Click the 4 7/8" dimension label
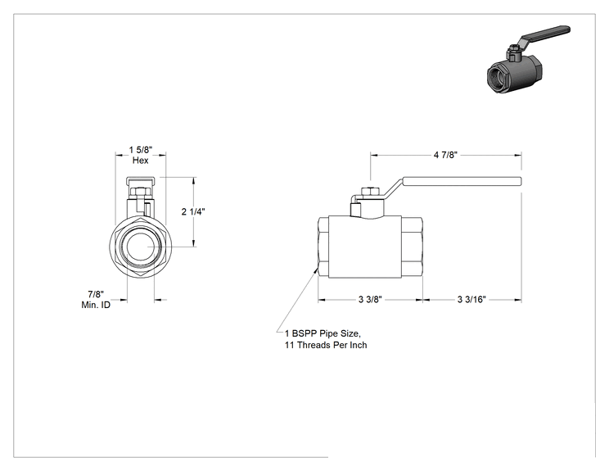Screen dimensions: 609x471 (x=445, y=155)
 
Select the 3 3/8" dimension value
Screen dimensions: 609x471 (x=370, y=299)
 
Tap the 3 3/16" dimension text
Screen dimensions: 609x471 (x=471, y=299)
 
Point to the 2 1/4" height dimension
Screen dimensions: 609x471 (x=193, y=212)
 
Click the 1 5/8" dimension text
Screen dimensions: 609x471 (x=141, y=150)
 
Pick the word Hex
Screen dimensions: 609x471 (x=140, y=160)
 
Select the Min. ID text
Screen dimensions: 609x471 (x=96, y=305)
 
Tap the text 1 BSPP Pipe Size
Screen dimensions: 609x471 (x=323, y=333)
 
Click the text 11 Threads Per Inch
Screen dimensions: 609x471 (x=326, y=345)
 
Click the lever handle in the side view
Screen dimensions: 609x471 (x=462, y=181)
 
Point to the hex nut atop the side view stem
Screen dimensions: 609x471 (x=369, y=191)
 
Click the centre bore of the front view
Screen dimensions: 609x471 (x=141, y=247)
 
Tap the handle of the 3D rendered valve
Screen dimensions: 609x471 (x=544, y=34)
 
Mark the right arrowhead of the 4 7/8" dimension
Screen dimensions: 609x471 (x=518, y=156)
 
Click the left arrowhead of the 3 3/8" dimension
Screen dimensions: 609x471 (x=322, y=300)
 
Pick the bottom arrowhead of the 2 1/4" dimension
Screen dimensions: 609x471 (x=194, y=243)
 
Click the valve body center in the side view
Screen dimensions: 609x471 (x=365, y=247)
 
